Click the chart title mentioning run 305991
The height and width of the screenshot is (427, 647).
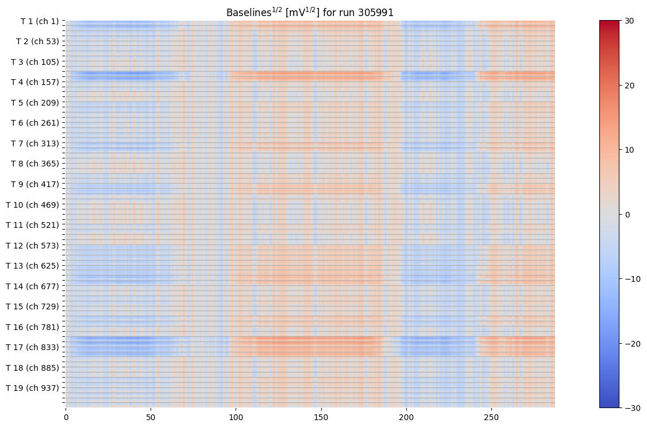coord(310,12)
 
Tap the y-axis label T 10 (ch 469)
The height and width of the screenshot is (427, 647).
coord(33,204)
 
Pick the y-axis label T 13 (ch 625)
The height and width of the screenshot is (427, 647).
coord(33,265)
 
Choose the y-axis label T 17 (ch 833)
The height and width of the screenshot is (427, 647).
coord(33,347)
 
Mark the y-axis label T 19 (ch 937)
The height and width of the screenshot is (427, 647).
coord(33,387)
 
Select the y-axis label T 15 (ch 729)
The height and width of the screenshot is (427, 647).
coord(33,306)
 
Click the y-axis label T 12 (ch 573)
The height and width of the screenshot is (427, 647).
coord(33,245)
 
